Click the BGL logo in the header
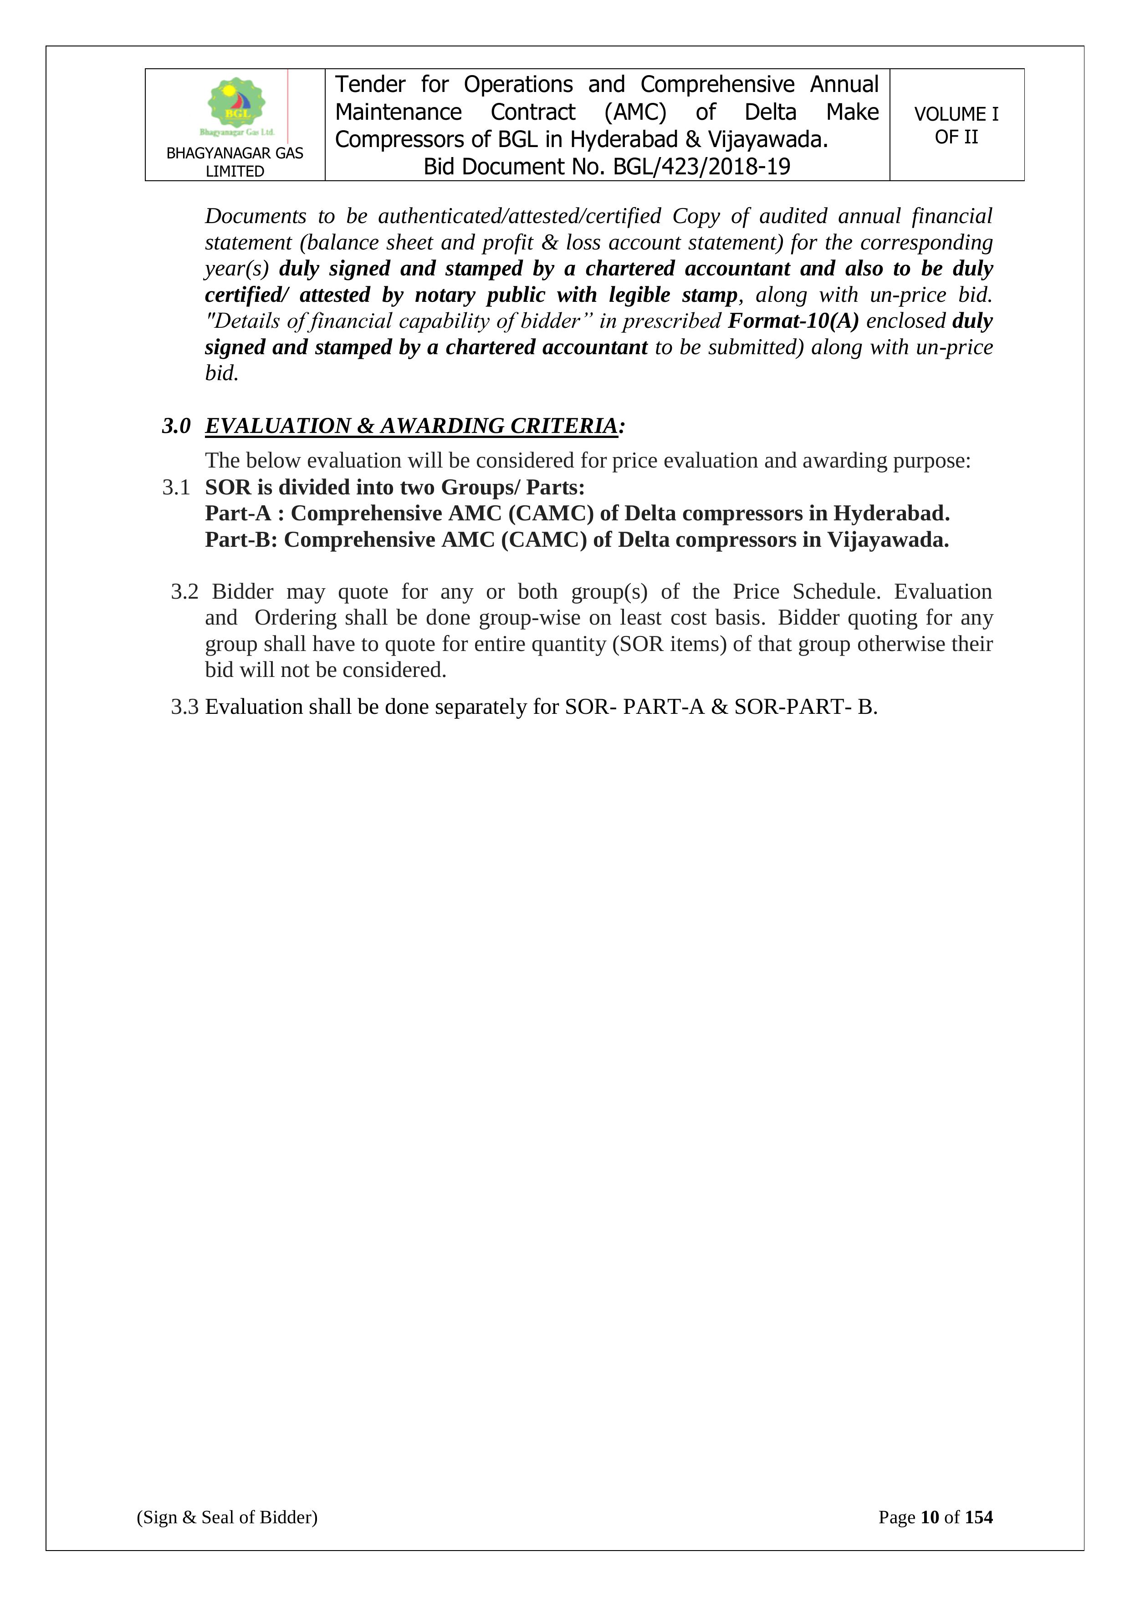[x=236, y=106]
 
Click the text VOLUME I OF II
[x=956, y=125]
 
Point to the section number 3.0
[x=176, y=426]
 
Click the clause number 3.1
[x=176, y=488]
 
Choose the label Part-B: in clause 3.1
[x=241, y=540]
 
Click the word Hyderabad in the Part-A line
[x=890, y=514]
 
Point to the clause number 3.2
[x=184, y=592]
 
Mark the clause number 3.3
[x=184, y=707]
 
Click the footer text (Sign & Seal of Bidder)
[x=227, y=1517]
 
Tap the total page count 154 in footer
[x=978, y=1517]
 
